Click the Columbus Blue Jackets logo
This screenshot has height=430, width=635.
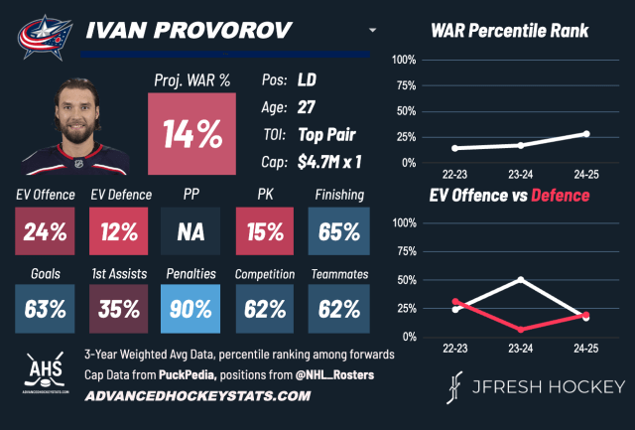[x=43, y=33]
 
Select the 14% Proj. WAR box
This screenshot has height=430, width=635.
[x=191, y=133]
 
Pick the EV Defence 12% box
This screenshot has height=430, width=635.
[x=117, y=232]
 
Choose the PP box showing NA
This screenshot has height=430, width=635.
[x=191, y=232]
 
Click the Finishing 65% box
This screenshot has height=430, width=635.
[x=339, y=232]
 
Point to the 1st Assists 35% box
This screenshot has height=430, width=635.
[x=117, y=308]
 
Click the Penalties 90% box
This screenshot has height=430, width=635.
[x=191, y=308]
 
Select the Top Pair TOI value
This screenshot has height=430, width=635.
[x=328, y=134]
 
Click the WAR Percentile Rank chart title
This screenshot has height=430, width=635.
[x=510, y=31]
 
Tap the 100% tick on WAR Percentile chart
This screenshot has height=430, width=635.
[x=403, y=60]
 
